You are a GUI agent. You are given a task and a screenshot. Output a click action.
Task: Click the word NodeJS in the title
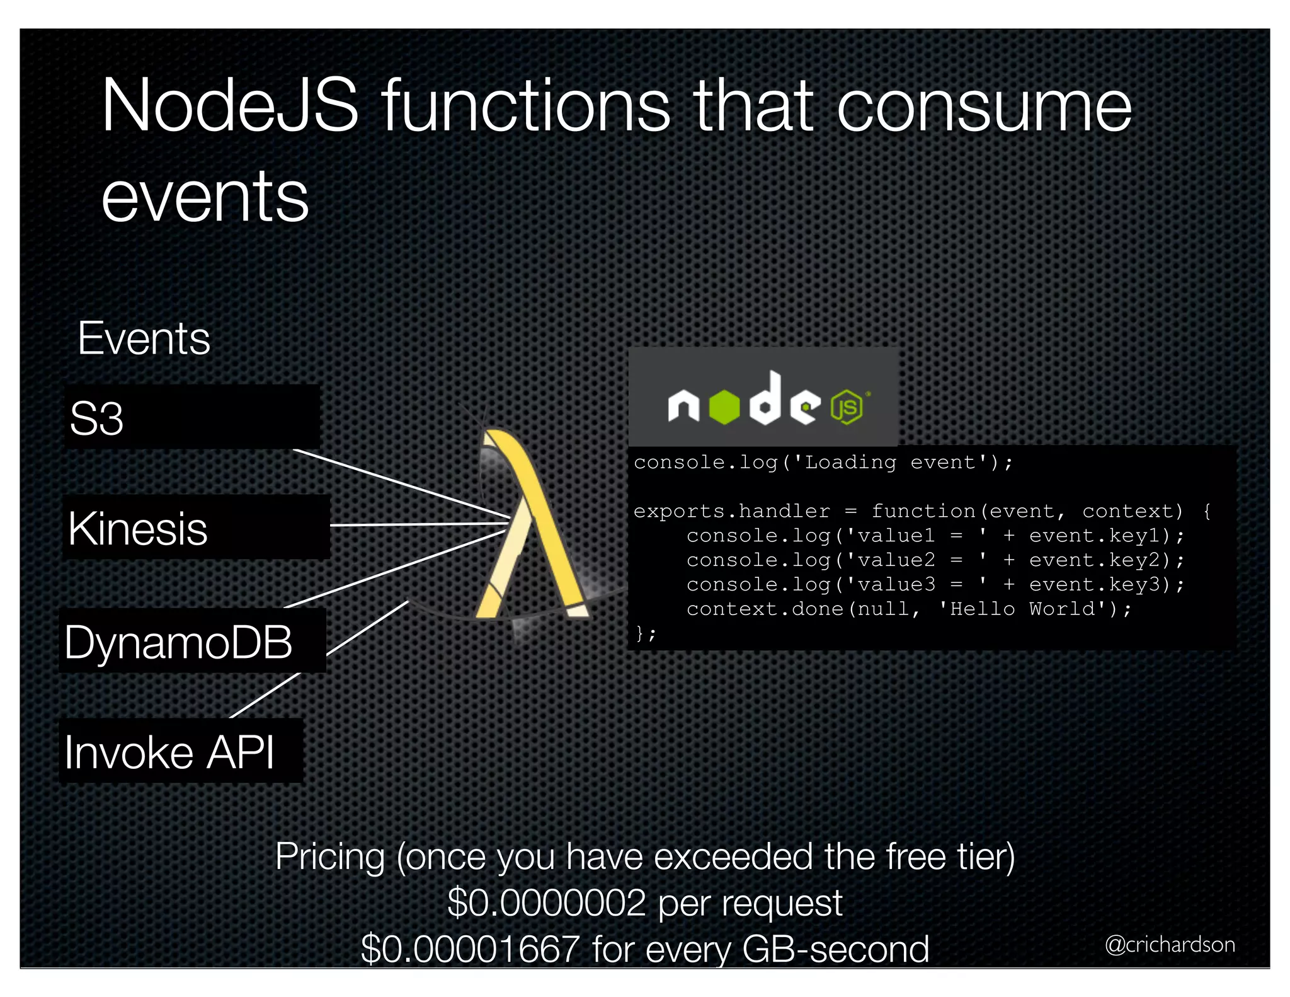230,105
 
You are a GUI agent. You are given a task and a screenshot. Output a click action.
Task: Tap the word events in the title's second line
205,197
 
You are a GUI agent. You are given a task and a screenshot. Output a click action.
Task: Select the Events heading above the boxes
144,339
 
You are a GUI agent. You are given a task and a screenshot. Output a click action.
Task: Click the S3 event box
192,417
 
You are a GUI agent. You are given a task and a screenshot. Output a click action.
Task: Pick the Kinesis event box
196,527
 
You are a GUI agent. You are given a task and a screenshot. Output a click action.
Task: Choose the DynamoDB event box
192,642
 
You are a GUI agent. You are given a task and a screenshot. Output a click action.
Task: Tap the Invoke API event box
181,751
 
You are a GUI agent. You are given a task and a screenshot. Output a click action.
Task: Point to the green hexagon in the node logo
724,407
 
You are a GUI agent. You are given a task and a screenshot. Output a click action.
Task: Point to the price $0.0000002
547,903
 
